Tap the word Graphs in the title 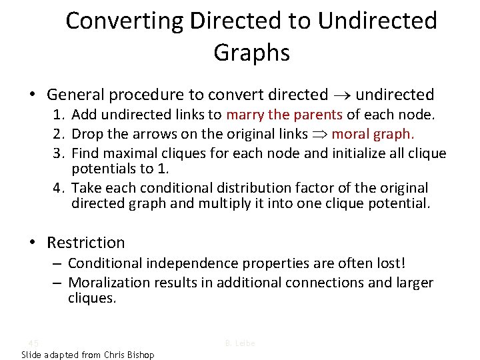tap(251, 53)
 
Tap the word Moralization tap(109, 283)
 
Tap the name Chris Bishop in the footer tap(129, 355)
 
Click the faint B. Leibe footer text tap(240, 343)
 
